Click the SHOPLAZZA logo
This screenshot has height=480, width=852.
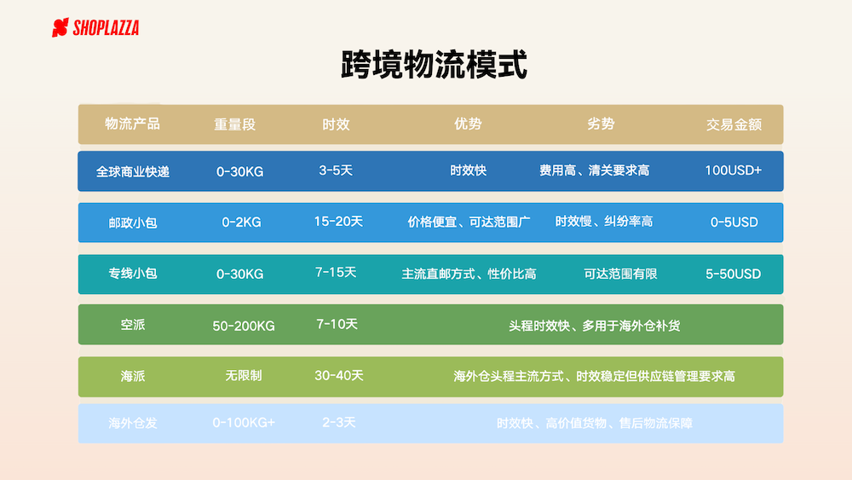click(95, 28)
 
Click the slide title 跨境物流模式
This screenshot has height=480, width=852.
click(434, 65)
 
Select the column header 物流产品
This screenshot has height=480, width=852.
click(133, 124)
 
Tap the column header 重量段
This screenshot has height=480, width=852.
click(235, 124)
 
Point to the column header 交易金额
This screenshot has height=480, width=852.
click(734, 124)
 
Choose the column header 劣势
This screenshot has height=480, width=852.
click(601, 124)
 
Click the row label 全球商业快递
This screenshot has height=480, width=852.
click(133, 171)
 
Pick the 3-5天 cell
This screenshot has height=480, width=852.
click(336, 171)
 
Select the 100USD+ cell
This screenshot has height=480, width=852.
click(733, 171)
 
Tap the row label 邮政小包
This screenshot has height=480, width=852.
click(133, 223)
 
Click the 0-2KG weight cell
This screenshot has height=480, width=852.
click(241, 223)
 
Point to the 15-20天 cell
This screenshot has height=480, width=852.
click(338, 222)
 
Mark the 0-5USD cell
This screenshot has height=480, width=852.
click(734, 223)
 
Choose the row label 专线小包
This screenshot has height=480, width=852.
click(133, 274)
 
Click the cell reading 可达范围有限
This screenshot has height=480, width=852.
click(620, 274)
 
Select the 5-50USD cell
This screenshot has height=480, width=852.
click(733, 274)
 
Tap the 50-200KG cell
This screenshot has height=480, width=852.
click(244, 326)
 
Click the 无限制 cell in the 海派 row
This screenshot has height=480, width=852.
click(244, 376)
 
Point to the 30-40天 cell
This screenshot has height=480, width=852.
click(338, 376)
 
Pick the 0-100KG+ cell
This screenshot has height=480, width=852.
click(244, 423)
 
